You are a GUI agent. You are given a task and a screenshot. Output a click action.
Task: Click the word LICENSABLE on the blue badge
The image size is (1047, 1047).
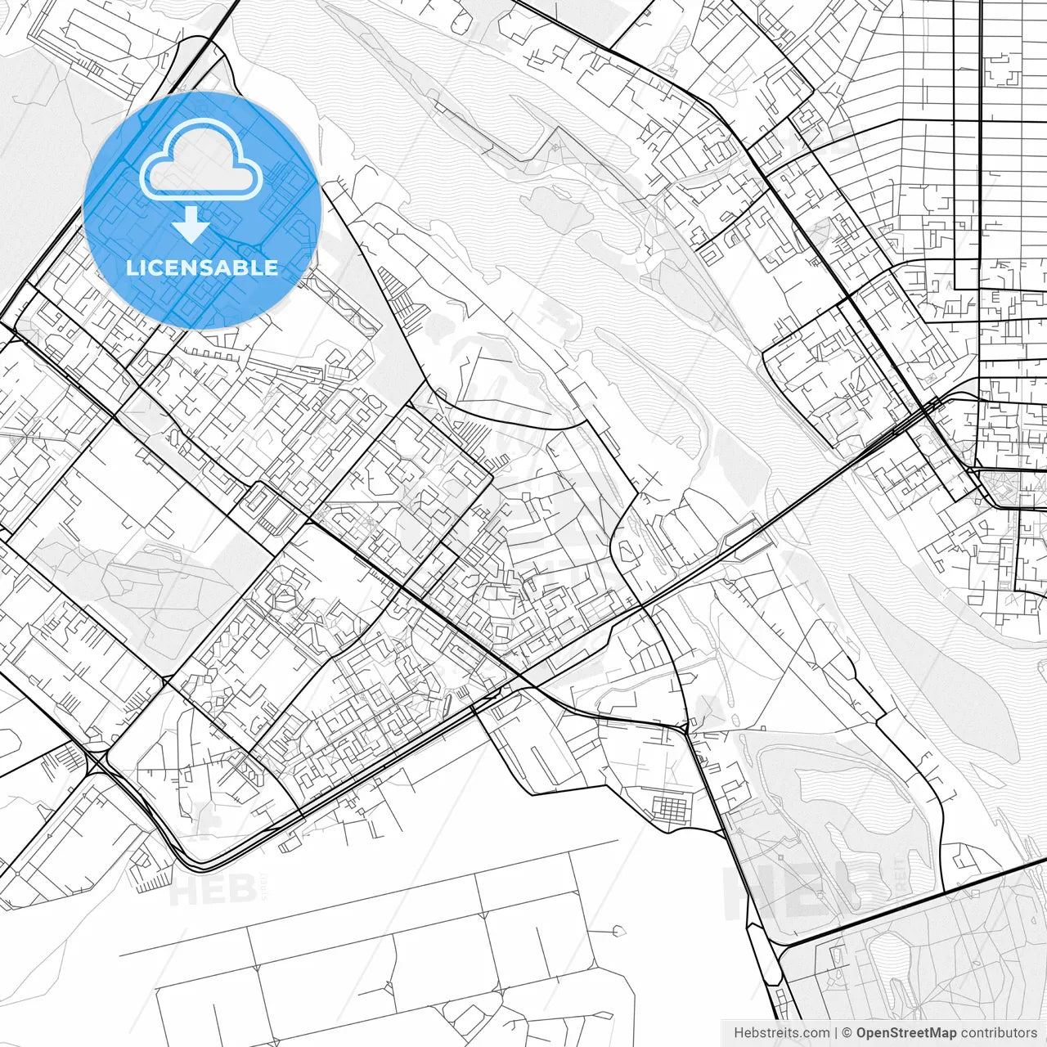202,267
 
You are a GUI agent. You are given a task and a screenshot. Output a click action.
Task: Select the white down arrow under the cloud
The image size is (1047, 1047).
192,224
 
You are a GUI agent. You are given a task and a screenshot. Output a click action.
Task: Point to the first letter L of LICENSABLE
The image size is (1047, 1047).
131,267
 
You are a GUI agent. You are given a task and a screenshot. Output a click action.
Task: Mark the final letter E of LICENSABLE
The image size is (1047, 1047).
272,267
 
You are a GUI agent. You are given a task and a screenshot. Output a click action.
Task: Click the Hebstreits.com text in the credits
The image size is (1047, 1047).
781,1032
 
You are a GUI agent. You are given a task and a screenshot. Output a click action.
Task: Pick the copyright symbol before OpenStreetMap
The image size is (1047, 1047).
847,1032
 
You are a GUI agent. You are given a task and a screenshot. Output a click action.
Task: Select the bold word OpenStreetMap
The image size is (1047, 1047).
906,1032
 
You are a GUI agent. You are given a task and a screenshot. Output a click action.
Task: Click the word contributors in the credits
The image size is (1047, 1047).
999,1032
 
